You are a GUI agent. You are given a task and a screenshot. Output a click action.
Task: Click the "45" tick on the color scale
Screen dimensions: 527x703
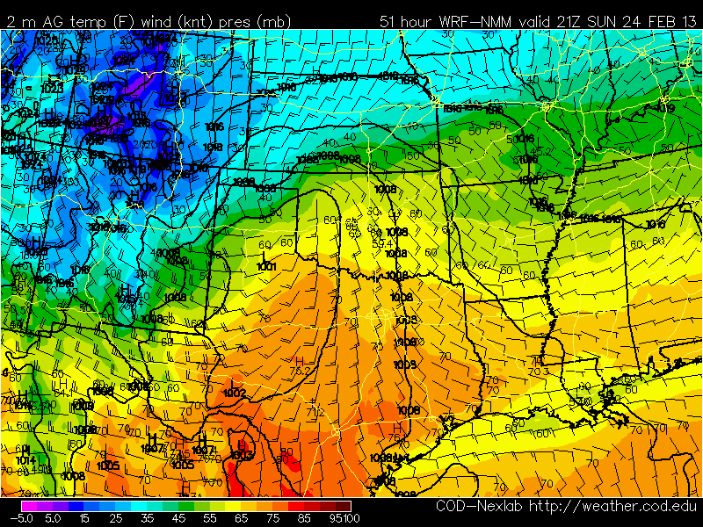178,518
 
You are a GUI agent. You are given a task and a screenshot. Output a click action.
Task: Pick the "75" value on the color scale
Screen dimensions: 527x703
277,518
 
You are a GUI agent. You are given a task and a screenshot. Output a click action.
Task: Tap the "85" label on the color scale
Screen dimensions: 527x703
309,518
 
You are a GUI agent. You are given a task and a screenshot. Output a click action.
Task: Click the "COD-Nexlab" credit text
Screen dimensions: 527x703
480,508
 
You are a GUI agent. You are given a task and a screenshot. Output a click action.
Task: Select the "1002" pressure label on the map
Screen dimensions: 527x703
235,393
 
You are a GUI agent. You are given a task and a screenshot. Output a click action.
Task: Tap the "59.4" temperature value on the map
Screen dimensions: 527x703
381,242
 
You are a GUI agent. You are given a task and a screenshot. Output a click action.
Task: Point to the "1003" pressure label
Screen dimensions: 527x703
243,455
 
